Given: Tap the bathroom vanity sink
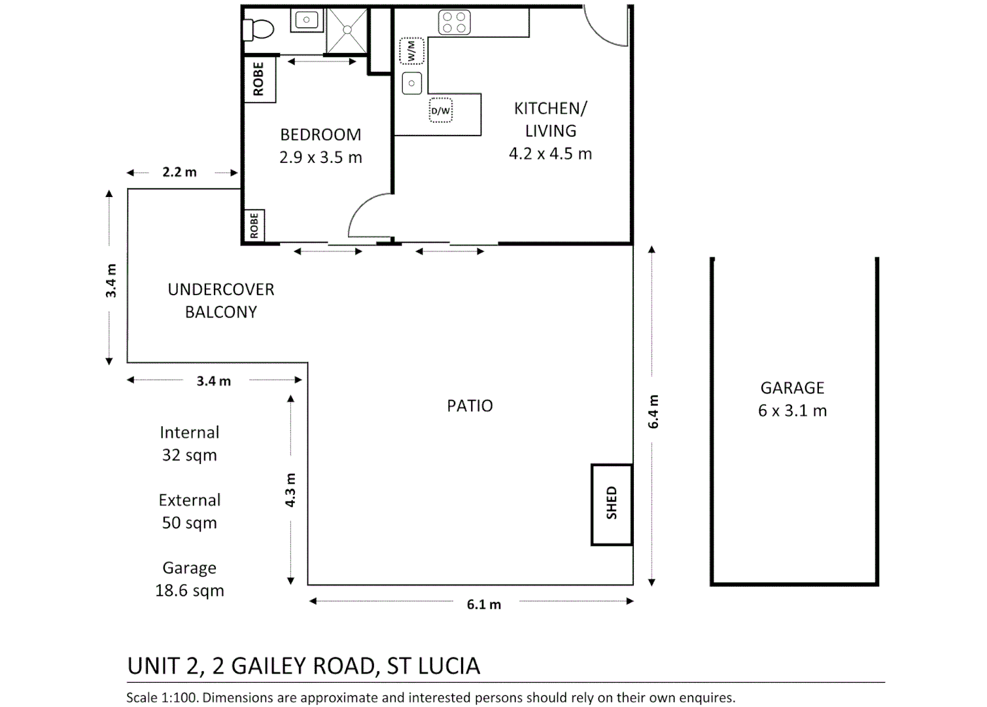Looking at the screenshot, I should (307, 20).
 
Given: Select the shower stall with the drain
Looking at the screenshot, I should (347, 30).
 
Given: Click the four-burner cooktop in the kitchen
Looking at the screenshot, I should (454, 22).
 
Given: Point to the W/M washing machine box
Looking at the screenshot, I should (411, 51).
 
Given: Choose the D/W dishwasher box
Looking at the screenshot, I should (440, 111).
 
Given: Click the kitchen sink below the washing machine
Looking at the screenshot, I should (411, 83).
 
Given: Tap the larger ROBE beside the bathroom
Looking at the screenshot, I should (260, 79).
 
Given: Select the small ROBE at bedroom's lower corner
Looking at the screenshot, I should (254, 225).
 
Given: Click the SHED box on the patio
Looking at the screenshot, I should (612, 504).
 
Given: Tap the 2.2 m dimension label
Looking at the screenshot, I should (179, 172).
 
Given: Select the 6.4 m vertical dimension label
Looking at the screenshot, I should (653, 412).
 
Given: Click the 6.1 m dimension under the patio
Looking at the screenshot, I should (483, 604).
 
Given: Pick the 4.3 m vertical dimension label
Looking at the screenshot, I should (290, 490).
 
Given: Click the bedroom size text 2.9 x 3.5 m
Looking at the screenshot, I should (320, 158).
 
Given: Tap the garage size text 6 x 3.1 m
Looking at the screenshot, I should (792, 410).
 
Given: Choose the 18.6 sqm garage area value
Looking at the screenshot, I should (190, 590).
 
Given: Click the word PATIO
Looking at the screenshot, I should (470, 406).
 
